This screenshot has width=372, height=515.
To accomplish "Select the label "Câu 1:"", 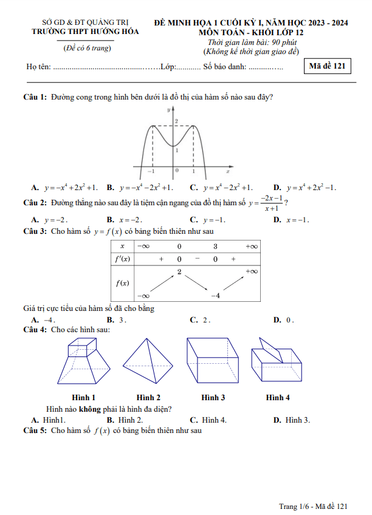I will click(35, 97).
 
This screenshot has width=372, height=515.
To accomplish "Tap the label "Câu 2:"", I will click(35, 202).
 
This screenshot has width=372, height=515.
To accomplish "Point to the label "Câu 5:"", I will click(35, 431).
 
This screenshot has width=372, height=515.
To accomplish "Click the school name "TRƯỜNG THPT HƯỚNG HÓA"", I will click(85, 31).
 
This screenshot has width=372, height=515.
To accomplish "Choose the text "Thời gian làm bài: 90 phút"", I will click(251, 43).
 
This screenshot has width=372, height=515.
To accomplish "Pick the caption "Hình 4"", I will click(277, 398).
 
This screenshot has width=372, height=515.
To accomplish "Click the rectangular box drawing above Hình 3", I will click(213, 363).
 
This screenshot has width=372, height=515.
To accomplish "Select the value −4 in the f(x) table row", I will click(215, 295).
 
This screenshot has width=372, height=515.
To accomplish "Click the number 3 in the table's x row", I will click(215, 246).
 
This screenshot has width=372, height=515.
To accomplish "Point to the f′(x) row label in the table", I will click(122, 259).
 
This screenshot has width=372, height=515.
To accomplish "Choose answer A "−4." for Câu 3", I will click(44, 319).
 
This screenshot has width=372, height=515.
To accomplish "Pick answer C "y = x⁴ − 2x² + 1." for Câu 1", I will click(221, 188).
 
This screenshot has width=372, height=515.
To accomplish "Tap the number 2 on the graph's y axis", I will click(176, 122).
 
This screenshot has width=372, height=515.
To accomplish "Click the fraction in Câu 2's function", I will click(270, 203).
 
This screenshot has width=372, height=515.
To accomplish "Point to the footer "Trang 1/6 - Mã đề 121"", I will click(312, 506).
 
